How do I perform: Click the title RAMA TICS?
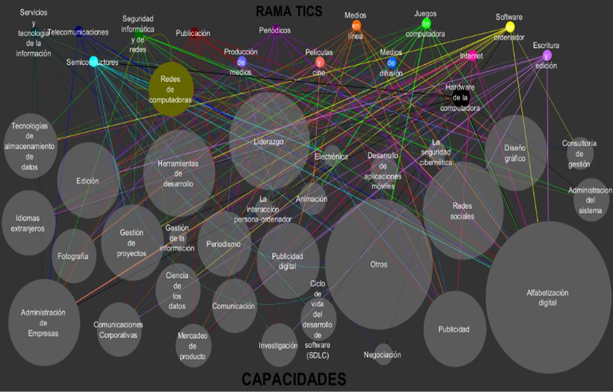[289, 10]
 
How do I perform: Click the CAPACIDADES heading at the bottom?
[293, 380]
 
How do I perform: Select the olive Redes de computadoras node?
[171, 89]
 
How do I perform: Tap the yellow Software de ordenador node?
[510, 27]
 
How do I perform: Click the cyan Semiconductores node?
[94, 62]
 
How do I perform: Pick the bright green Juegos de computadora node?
[426, 23]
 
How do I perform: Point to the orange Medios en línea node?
[356, 26]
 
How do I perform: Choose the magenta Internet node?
[472, 56]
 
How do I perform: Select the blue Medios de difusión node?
[392, 63]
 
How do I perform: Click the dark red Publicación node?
[194, 33]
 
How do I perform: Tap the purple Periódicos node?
[276, 30]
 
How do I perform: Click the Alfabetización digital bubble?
[547, 298]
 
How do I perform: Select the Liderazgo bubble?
[269, 141]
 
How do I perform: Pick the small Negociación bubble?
[383, 355]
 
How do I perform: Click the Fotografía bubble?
[73, 256]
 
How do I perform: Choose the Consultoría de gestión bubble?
[579, 154]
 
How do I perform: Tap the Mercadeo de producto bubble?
[192, 346]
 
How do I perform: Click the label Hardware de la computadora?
[460, 98]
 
